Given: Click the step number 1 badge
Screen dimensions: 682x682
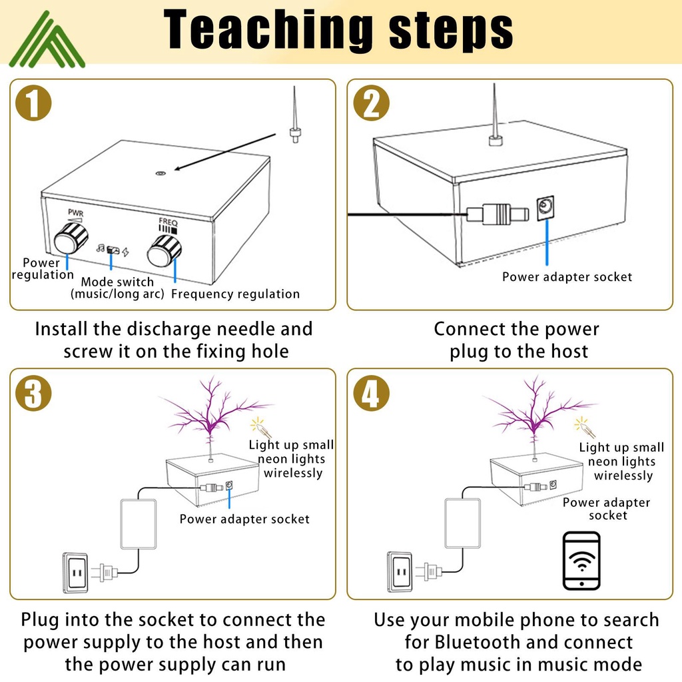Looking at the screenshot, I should (x=33, y=105).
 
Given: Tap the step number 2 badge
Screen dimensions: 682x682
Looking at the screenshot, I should (x=371, y=105).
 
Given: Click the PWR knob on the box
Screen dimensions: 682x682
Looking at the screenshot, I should (x=71, y=238).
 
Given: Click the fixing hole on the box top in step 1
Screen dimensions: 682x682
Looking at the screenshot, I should (x=160, y=173).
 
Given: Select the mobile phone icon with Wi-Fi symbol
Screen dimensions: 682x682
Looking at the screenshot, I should (x=581, y=560).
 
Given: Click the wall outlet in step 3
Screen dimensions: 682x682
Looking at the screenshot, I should (x=75, y=571).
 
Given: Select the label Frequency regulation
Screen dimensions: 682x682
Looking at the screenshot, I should (x=236, y=294).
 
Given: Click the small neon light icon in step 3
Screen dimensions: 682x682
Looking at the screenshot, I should (x=258, y=426).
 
